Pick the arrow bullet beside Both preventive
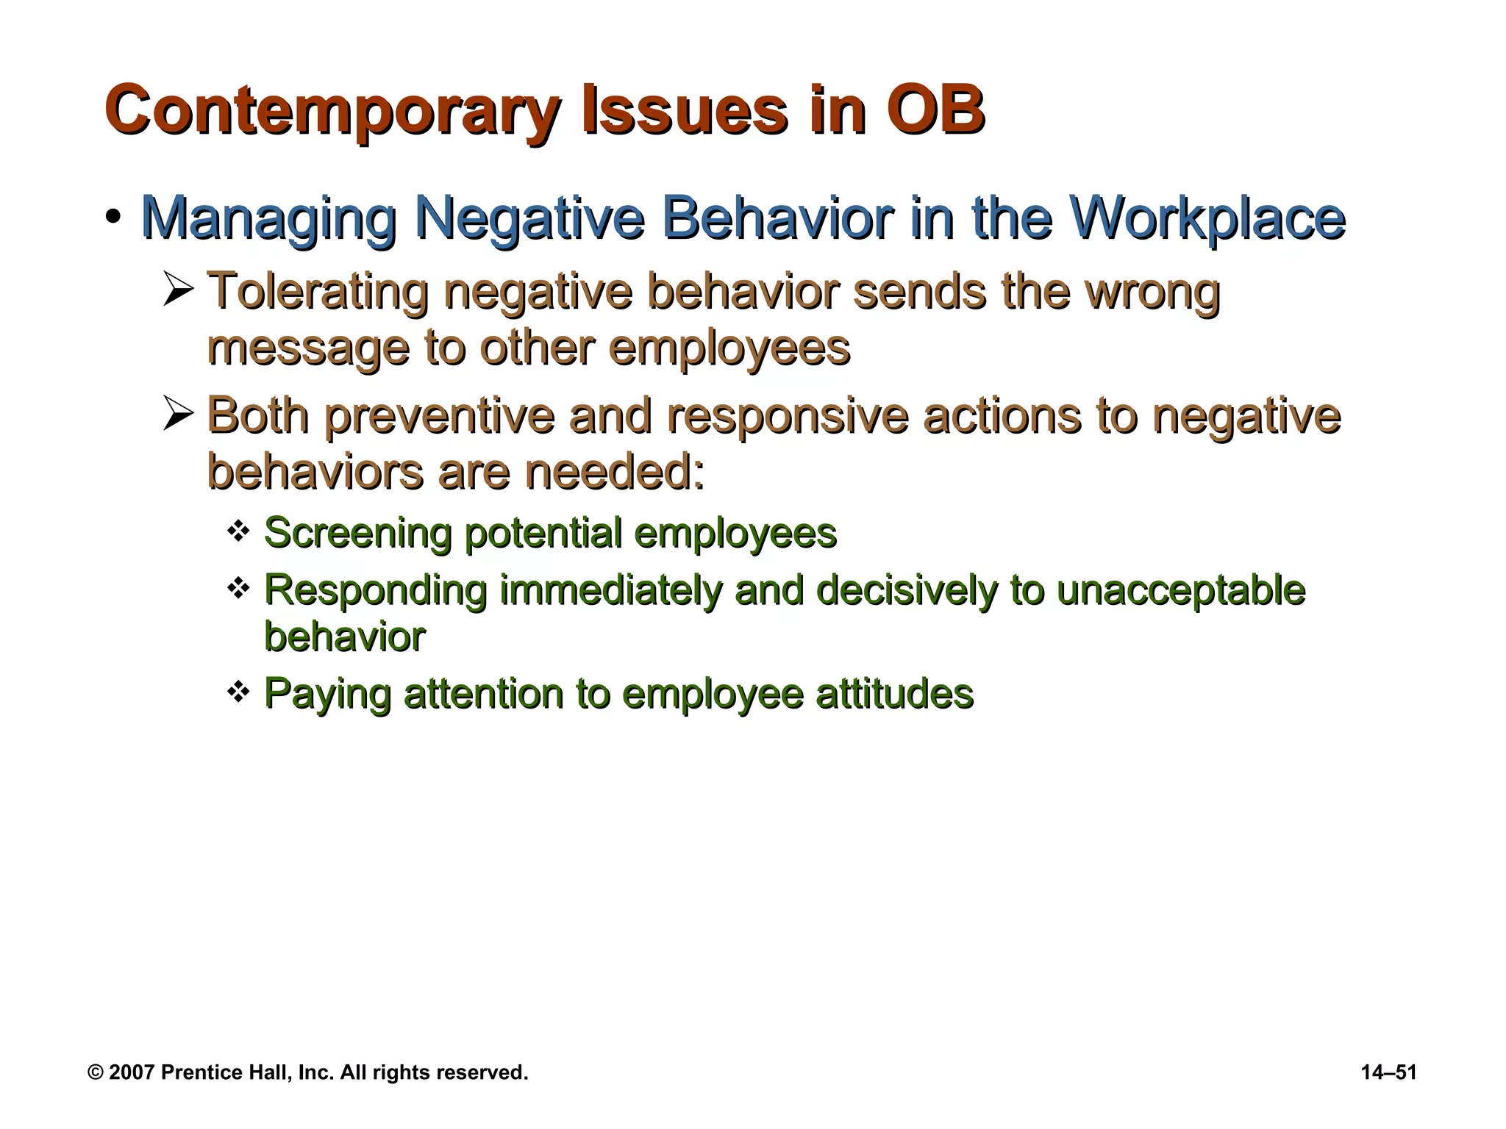[179, 415]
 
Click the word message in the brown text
[307, 348]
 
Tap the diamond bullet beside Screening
[238, 530]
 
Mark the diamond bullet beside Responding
[238, 588]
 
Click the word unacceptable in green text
[1180, 591]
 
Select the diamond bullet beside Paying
[238, 691]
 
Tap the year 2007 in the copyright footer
[131, 1072]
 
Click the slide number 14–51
[1388, 1072]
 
